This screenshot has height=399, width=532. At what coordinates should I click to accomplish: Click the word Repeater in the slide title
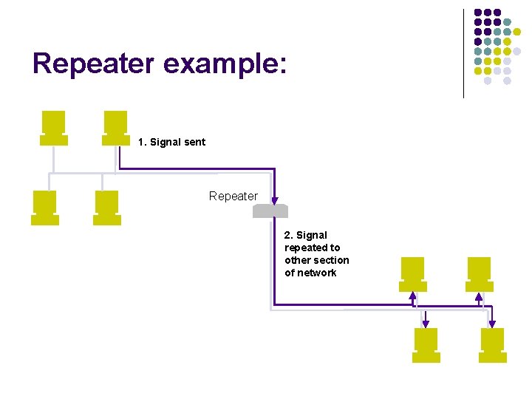point(94,64)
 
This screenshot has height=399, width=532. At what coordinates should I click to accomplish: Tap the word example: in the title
point(224,64)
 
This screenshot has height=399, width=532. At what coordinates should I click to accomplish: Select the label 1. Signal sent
point(171,142)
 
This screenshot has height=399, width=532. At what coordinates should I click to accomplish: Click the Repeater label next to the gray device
point(233,196)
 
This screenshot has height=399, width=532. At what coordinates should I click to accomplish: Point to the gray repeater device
point(270,211)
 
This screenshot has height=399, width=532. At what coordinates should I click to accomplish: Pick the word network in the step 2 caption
point(316,273)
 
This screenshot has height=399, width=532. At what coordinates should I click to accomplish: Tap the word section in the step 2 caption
point(331,260)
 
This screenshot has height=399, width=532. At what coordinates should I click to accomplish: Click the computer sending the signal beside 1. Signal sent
point(115,128)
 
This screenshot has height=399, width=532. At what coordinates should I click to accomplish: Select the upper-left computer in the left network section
point(53,128)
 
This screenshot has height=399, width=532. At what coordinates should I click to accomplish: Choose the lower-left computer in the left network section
point(44,208)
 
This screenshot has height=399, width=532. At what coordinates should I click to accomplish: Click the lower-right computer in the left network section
point(106,208)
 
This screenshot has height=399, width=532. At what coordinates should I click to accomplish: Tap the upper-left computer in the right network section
point(412,274)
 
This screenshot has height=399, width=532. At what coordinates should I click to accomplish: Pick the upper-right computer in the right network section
point(478,274)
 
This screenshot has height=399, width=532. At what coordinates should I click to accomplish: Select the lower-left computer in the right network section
point(426,344)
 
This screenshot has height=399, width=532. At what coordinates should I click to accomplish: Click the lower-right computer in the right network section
point(492,344)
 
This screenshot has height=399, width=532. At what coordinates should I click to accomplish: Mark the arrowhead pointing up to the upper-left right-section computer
point(413,296)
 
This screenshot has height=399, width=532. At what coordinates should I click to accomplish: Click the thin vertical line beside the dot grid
point(463,53)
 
